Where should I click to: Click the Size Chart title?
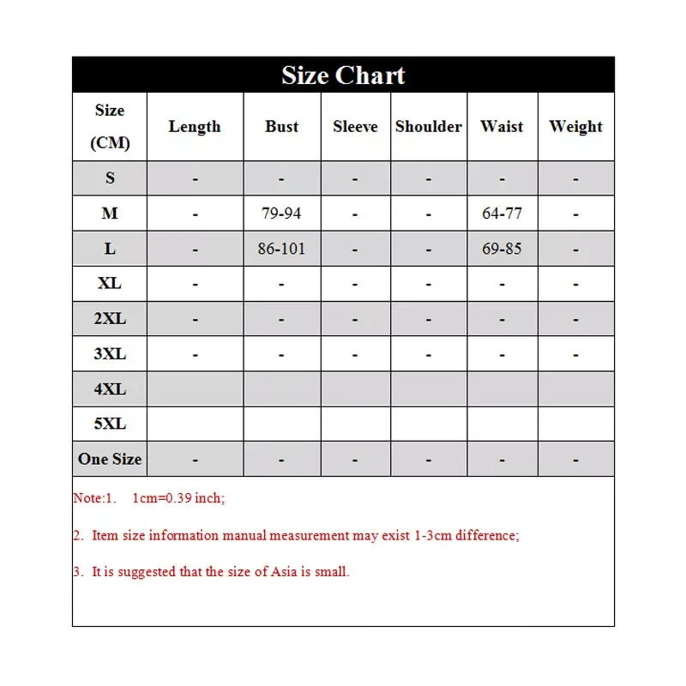click(x=343, y=75)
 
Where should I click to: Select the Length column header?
click(x=195, y=127)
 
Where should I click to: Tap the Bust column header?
click(x=281, y=127)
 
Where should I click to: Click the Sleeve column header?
click(x=355, y=127)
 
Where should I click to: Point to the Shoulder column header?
click(x=428, y=127)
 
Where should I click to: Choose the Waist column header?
click(x=502, y=127)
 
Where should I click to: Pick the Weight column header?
click(x=575, y=127)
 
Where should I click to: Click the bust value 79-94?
click(x=281, y=214)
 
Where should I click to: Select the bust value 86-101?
click(x=281, y=249)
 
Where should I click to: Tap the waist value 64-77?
click(x=502, y=214)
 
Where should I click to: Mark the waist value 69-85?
click(x=502, y=249)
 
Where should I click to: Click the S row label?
click(x=110, y=178)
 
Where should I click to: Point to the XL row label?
click(x=110, y=283)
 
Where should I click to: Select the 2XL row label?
click(x=110, y=318)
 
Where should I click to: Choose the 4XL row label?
click(x=110, y=388)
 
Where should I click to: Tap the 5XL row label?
click(x=110, y=424)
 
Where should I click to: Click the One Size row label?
click(x=110, y=459)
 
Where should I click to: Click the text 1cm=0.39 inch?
click(x=178, y=498)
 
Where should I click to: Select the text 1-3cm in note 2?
click(x=433, y=536)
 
